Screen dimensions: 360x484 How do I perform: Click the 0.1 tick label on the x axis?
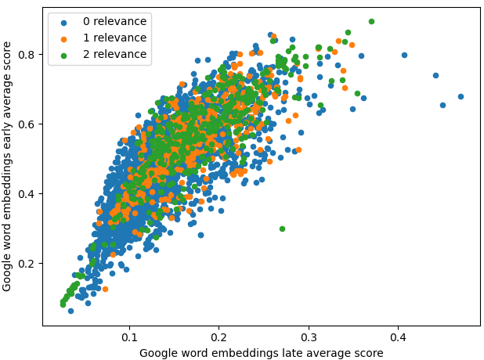click(129, 337)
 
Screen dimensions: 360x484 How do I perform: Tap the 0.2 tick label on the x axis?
click(219, 337)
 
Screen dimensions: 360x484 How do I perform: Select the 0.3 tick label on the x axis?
click(309, 337)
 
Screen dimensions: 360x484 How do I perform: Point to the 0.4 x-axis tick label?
click(398, 337)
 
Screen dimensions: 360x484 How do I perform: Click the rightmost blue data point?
click(461, 97)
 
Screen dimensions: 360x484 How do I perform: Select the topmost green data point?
click(371, 22)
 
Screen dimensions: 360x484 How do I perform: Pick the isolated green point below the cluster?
click(282, 229)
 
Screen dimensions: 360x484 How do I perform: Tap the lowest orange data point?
click(105, 289)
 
